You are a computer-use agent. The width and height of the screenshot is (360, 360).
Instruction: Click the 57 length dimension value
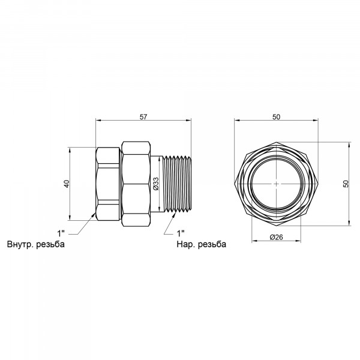point(143,117)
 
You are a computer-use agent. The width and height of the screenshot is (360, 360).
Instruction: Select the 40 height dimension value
point(67,184)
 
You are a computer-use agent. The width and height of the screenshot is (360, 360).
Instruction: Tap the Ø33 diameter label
point(156,184)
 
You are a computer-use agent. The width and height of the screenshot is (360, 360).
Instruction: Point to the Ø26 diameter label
point(276,237)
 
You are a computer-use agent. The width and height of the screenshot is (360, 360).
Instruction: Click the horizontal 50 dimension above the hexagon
point(277,117)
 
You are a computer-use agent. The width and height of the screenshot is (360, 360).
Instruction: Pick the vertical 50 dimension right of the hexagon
point(346,184)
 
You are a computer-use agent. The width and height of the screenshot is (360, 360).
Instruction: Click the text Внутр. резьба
point(36,244)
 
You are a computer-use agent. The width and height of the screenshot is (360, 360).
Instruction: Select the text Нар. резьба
point(202,244)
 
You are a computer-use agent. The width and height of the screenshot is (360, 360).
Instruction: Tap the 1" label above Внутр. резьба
point(61,234)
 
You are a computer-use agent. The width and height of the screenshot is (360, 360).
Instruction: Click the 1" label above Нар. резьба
point(181,234)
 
